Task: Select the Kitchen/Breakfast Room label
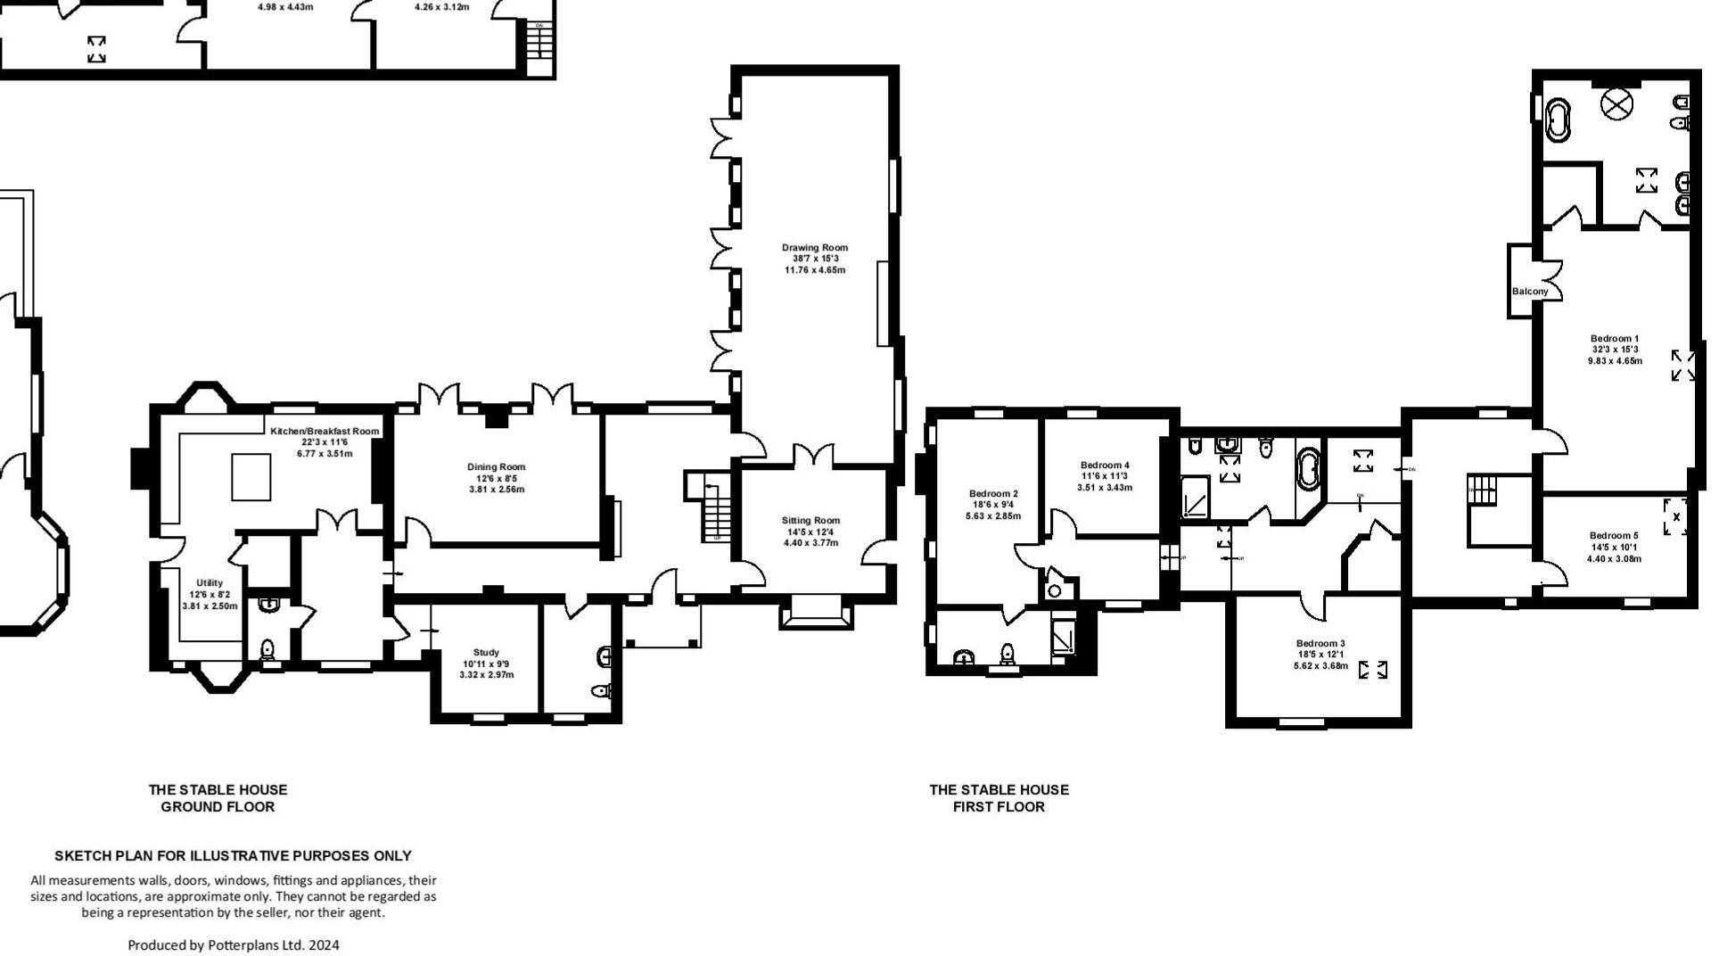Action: [x=325, y=431]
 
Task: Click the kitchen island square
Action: [x=251, y=477]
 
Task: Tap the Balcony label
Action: [x=1530, y=292]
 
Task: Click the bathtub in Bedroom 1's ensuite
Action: [x=1559, y=120]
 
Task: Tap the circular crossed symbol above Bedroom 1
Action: [x=1615, y=105]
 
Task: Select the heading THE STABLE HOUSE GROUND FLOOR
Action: [x=218, y=798]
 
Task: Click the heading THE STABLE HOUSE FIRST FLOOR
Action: [x=999, y=798]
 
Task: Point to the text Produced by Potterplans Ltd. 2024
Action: [x=234, y=945]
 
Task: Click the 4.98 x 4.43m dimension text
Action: [x=285, y=7]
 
